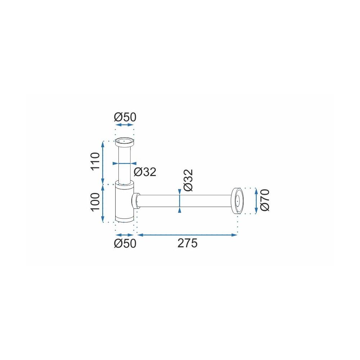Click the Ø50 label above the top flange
coord(125,117)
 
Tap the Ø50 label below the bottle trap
coord(125,243)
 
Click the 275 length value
coord(187,243)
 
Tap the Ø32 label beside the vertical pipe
coord(145,172)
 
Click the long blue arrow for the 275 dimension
coord(187,235)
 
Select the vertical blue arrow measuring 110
coord(103,162)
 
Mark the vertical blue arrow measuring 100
coord(103,203)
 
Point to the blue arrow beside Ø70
coord(256,201)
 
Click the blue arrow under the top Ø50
coord(124,125)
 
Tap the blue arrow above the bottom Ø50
coord(124,235)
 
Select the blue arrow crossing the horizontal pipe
coord(179,201)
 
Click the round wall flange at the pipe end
coord(237,201)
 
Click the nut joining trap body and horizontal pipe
coord(136,201)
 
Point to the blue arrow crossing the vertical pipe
coord(125,163)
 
